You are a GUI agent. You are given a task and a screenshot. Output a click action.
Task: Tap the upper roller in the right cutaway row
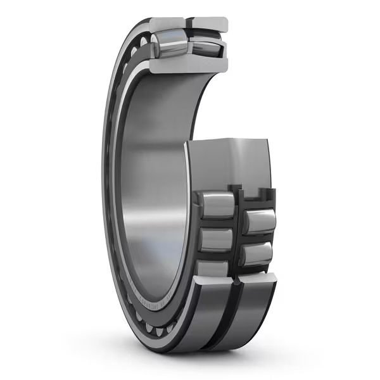click(x=260, y=221)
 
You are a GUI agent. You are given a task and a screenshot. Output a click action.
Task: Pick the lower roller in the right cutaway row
click(x=257, y=253)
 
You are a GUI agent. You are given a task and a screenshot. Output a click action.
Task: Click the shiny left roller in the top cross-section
click(x=167, y=48)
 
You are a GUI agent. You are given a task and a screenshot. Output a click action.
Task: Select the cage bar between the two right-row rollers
click(x=256, y=238)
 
